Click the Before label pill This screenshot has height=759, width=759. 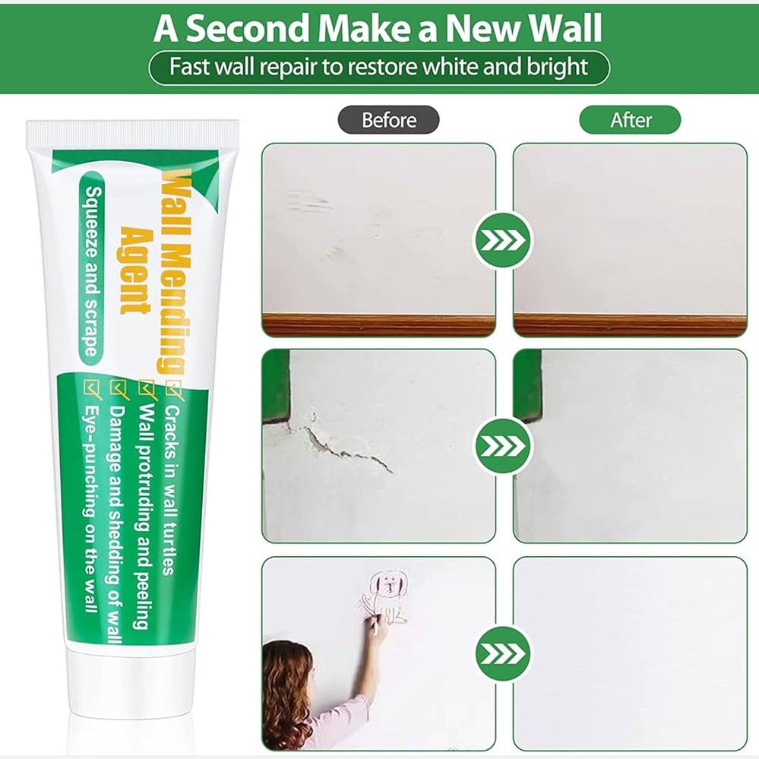tap(388, 120)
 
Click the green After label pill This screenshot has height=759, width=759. tap(630, 120)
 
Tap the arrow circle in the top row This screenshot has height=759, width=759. tap(504, 239)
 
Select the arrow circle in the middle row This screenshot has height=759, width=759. tap(504, 446)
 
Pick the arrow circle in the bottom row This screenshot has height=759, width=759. tap(504, 653)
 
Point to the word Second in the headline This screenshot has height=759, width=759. tap(251, 28)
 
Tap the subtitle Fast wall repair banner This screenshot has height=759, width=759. tap(378, 67)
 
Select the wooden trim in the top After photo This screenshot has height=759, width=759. tap(630, 325)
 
